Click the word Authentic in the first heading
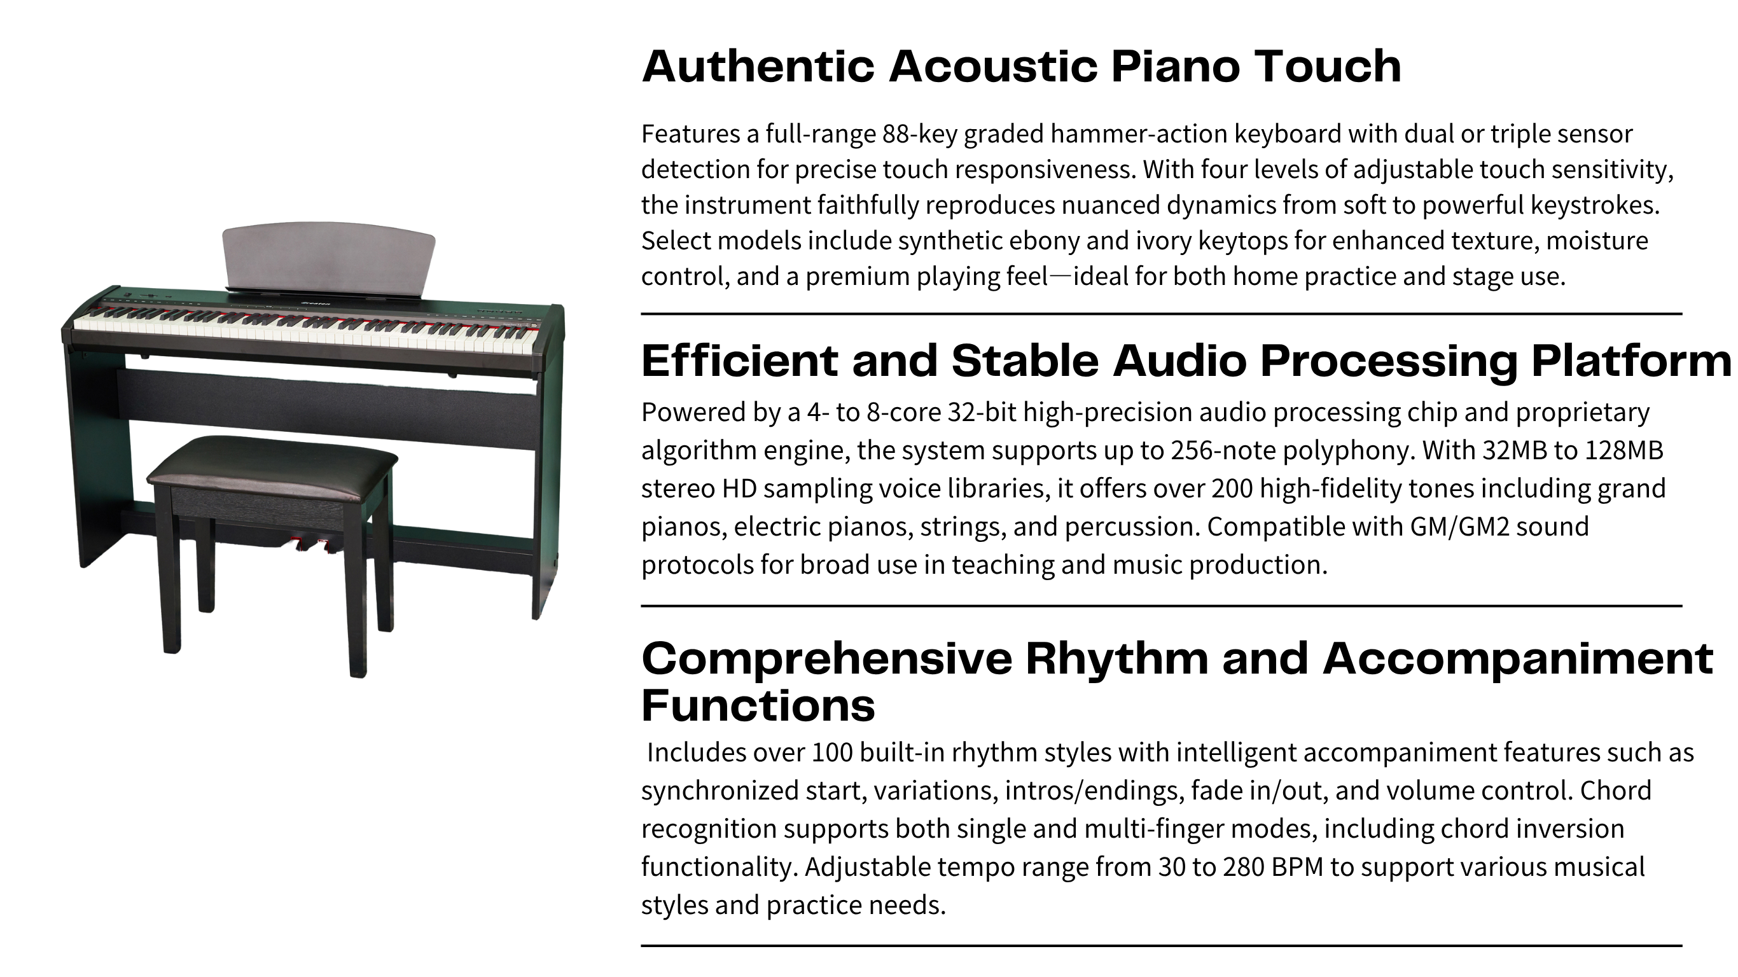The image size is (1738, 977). [758, 66]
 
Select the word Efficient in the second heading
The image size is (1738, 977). [739, 361]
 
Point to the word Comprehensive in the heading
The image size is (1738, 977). [826, 660]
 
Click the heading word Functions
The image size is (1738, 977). [758, 706]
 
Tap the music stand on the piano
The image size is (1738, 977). [328, 259]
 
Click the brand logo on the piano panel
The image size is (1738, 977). [314, 303]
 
